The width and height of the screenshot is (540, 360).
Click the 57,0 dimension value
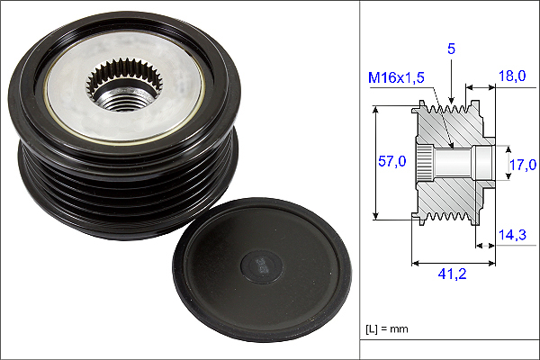click(391, 161)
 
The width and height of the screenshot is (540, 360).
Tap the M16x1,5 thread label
click(396, 77)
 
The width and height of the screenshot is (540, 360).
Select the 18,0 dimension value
click(512, 76)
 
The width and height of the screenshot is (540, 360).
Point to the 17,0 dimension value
click(523, 165)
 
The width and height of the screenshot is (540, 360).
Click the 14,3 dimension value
click(512, 235)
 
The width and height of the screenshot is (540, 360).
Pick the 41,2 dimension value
click(452, 274)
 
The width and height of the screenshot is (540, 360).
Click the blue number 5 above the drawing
click(451, 49)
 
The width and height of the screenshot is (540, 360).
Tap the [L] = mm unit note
click(386, 329)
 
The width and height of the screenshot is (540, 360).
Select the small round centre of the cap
click(261, 266)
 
